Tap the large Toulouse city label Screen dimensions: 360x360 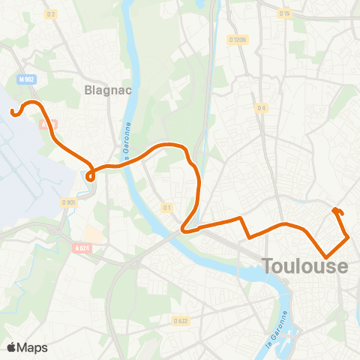[x=305, y=266]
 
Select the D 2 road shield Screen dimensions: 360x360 [x=51, y=14]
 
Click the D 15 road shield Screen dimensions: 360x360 [x=284, y=13]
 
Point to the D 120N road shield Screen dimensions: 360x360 [x=239, y=40]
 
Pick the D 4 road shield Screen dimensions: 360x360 [x=261, y=108]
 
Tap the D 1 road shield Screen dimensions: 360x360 [x=167, y=207]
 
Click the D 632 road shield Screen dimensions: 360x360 [x=180, y=320]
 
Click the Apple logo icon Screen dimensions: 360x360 [x=11, y=347]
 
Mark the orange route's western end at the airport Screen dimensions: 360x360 [x=13, y=113]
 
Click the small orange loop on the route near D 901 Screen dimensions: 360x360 [x=90, y=176]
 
